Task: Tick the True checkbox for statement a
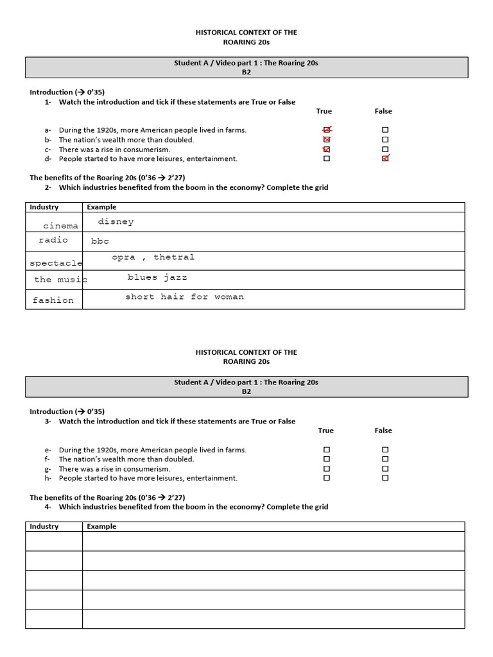click(x=327, y=130)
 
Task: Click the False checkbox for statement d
click(x=385, y=158)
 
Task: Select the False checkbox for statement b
click(x=385, y=139)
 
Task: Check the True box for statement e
click(x=327, y=450)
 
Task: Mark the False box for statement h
click(x=385, y=478)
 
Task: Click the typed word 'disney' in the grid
click(x=116, y=222)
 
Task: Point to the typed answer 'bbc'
click(x=100, y=241)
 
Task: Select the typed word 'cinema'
click(x=61, y=226)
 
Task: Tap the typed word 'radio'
click(x=53, y=240)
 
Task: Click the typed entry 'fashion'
click(x=53, y=300)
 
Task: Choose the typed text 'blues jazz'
click(x=157, y=278)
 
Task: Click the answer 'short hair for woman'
click(x=184, y=297)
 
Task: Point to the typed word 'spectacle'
click(x=56, y=263)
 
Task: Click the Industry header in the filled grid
click(x=44, y=207)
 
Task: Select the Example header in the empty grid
click(x=101, y=527)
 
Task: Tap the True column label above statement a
click(x=324, y=112)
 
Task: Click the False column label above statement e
click(x=383, y=431)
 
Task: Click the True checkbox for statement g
click(x=327, y=468)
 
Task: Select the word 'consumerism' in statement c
click(x=148, y=149)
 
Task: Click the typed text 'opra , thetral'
click(x=153, y=257)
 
